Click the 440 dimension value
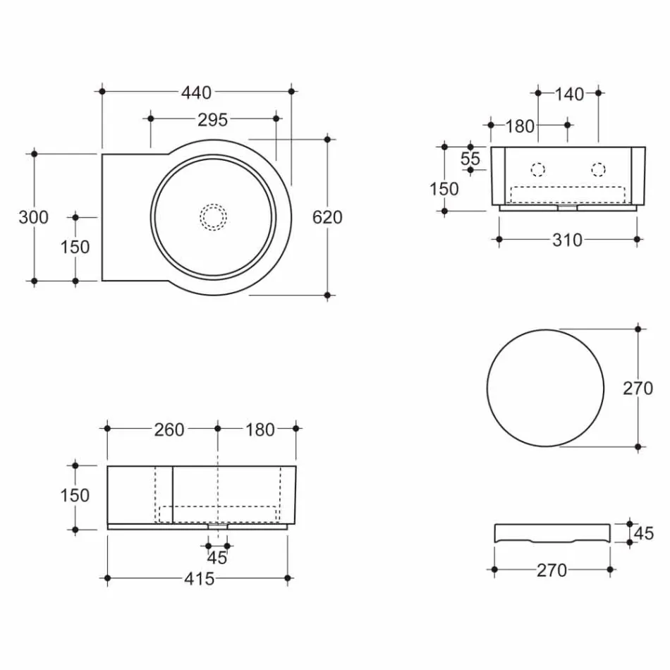[196, 92]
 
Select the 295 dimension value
[212, 119]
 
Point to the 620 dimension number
[327, 217]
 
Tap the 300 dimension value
[33, 217]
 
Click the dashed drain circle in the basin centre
[213, 217]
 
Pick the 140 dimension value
[569, 93]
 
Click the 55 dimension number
[470, 159]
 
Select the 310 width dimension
[568, 240]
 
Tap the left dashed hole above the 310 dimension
[537, 169]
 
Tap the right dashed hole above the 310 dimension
[598, 169]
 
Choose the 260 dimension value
[169, 429]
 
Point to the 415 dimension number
[199, 579]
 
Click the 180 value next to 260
[260, 429]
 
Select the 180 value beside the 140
[520, 126]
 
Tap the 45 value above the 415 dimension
[217, 558]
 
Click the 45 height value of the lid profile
[643, 533]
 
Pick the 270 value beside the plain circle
[638, 388]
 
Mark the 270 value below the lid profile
[552, 570]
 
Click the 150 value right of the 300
[75, 247]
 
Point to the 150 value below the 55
[444, 189]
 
